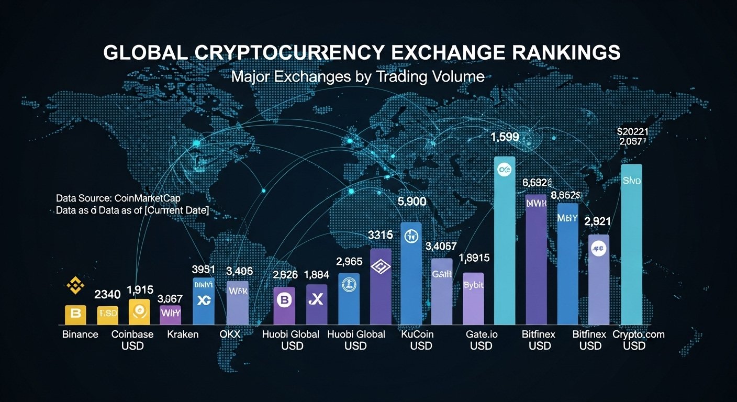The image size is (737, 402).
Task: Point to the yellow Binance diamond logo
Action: tap(74, 286)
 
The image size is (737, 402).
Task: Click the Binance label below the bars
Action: tap(80, 334)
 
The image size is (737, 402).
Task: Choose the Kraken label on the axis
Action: tap(183, 334)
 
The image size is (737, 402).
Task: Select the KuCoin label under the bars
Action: tap(417, 334)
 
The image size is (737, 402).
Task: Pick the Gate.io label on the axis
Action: tap(481, 334)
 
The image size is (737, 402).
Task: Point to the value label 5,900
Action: tap(412, 202)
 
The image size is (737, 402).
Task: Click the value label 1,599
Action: tap(504, 138)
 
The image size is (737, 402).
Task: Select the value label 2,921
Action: tap(599, 221)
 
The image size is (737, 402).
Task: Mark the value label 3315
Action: tap(381, 235)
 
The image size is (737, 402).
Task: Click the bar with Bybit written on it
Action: tap(473, 298)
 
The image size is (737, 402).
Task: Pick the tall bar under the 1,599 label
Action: tap(505, 241)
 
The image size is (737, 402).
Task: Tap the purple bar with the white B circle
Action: tap(284, 306)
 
